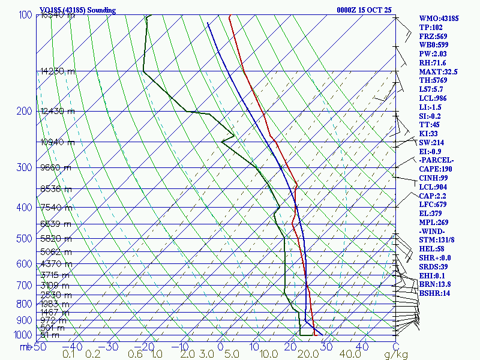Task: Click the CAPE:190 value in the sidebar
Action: [x=435, y=169]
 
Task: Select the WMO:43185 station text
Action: [x=439, y=19]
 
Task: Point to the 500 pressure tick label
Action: [x=23, y=239]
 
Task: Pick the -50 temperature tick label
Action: [x=38, y=346]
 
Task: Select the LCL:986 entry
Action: [x=432, y=98]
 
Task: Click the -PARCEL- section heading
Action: [x=436, y=160]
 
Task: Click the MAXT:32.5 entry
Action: [x=438, y=71]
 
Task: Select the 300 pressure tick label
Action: [x=23, y=167]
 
